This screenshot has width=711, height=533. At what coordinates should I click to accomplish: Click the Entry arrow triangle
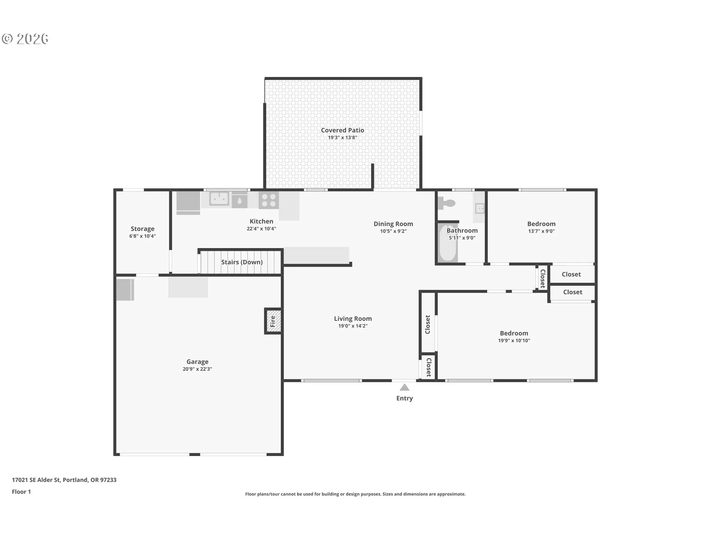tap(404, 387)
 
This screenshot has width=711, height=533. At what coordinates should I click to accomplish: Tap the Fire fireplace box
tap(273, 321)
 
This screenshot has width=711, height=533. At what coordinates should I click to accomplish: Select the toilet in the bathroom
tap(447, 203)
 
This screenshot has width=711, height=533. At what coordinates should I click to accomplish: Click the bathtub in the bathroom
tap(448, 242)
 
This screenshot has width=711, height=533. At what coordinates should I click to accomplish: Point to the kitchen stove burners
tap(269, 200)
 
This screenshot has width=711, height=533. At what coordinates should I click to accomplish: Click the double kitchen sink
tap(219, 198)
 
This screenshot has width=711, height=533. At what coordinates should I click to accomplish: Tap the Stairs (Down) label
tap(242, 262)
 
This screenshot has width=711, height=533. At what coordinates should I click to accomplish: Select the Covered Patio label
tap(343, 130)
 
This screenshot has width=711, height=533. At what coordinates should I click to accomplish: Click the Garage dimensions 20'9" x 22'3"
tap(197, 369)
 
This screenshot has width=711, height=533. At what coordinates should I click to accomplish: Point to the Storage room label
tap(143, 229)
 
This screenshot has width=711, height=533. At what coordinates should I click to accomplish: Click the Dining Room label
tap(393, 224)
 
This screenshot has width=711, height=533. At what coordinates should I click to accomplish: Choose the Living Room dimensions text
tap(353, 326)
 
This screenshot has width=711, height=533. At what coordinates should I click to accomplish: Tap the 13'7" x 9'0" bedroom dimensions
tap(541, 231)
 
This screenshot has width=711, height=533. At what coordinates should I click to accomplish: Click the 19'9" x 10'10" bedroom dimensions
tap(514, 341)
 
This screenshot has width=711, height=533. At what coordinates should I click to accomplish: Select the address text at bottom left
tap(64, 480)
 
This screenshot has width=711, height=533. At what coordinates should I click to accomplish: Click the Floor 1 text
tap(21, 492)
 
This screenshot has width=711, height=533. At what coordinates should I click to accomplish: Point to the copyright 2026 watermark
tap(25, 39)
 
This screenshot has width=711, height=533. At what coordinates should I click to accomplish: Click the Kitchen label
tap(261, 221)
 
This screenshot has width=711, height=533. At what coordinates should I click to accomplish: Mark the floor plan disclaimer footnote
tap(355, 494)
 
